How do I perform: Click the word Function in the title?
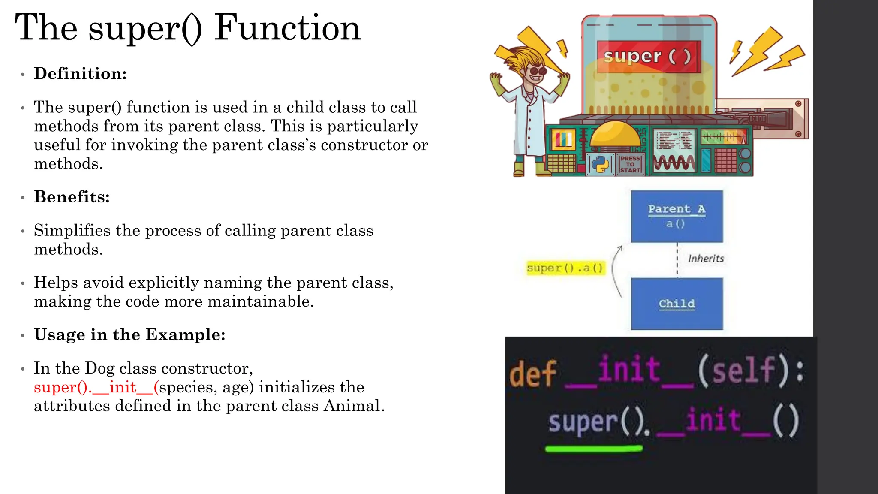pos(287,28)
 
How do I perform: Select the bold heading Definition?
pos(80,74)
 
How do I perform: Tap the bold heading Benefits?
pos(72,197)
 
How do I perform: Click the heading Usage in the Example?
pos(129,334)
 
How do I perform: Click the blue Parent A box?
pos(677,216)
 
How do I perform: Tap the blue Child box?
pos(677,304)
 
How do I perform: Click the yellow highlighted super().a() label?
pos(565,268)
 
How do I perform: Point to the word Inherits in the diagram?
pos(706,259)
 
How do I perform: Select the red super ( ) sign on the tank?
pos(648,56)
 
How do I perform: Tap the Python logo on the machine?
pos(600,164)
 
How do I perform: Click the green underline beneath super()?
pos(594,449)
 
